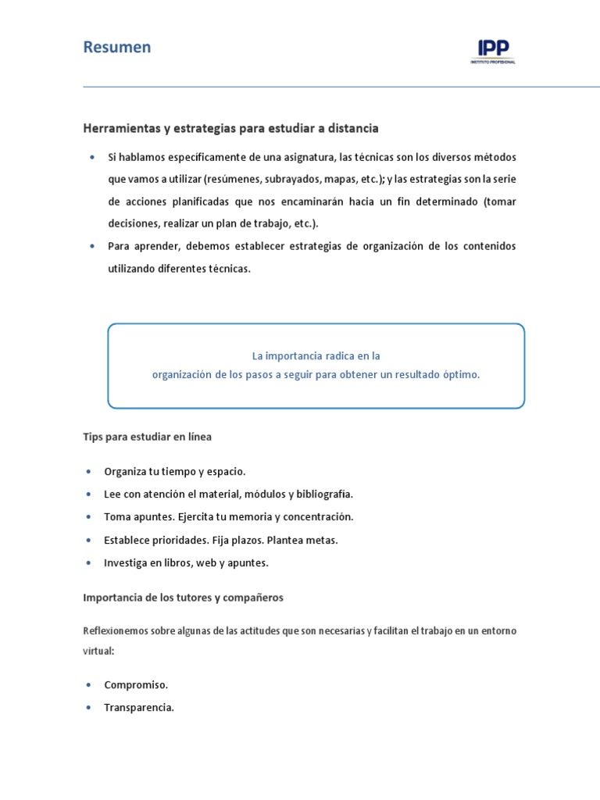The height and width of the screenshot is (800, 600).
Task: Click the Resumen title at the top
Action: pos(117,48)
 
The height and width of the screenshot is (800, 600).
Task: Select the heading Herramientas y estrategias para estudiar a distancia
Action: pos(230,127)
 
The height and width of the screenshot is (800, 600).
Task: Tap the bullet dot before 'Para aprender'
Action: pos(92,246)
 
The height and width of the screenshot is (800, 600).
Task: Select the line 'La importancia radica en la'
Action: pos(316,355)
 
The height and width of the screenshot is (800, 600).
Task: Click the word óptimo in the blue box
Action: pos(462,374)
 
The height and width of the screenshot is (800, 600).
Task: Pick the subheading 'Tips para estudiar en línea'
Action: pos(147,437)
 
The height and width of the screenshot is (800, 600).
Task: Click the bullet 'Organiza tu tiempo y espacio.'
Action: pos(175,472)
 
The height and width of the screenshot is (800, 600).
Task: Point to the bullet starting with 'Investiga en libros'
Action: pos(186,562)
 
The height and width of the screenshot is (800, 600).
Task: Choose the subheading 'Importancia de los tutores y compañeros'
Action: pos(183,598)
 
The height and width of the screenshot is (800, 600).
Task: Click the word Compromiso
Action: pos(136,685)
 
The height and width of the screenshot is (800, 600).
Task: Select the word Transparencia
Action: pos(139,708)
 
